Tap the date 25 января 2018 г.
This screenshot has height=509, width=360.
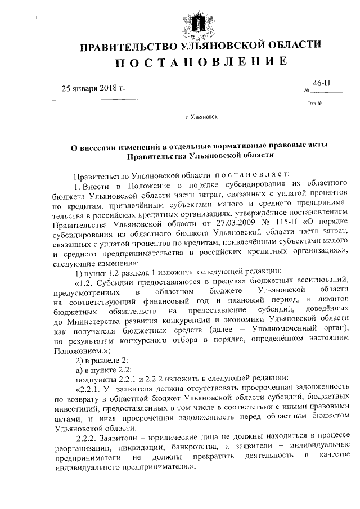click(93, 88)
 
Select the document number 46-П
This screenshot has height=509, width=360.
click(321, 83)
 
